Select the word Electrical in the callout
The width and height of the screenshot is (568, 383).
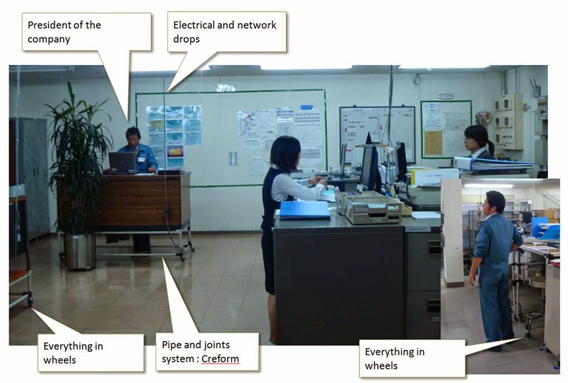194,25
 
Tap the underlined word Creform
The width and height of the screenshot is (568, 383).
220,359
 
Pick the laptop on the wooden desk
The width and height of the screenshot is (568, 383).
122,162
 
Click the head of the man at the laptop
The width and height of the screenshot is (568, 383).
133,136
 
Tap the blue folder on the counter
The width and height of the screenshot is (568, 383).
305,210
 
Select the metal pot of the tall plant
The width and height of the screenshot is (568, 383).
80,252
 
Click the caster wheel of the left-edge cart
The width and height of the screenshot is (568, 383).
30,300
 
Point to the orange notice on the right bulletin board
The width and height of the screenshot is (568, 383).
433,143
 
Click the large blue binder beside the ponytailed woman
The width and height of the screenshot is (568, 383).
493,164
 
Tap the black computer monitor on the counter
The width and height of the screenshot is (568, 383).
369,167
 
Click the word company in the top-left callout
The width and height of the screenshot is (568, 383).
49,40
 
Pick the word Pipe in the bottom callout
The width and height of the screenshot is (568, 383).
170,345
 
